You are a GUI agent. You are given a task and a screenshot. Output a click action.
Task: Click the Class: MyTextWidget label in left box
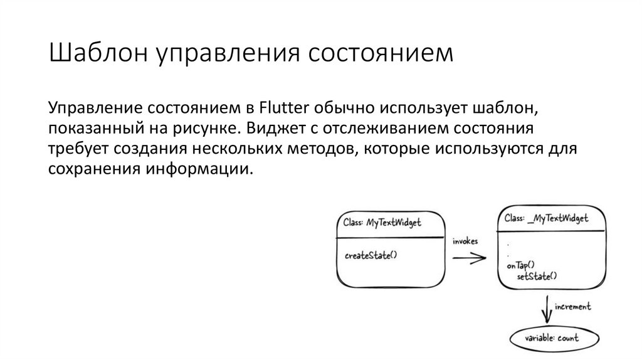point(382,223)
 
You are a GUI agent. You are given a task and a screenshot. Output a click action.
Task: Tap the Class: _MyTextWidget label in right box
point(546,218)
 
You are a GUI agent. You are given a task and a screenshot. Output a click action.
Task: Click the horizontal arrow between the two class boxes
point(469,257)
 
